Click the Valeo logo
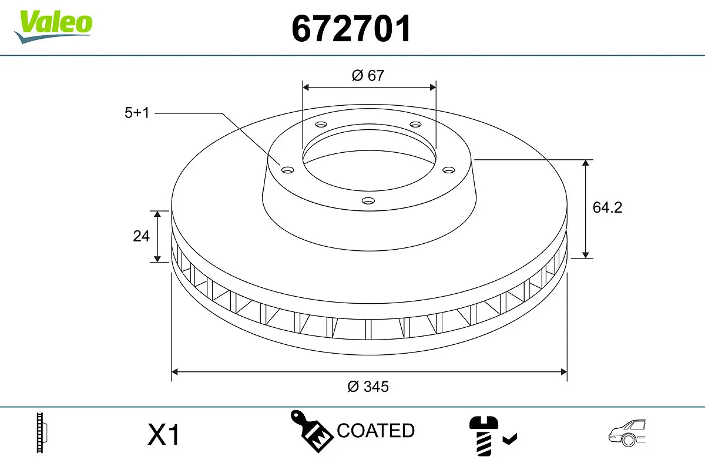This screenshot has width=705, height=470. coord(53,25)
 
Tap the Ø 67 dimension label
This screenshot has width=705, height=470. coord(368,75)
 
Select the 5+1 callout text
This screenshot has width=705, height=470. coord(137,113)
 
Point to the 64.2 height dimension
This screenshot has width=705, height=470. coord(607,207)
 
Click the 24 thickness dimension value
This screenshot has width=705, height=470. coord(141,236)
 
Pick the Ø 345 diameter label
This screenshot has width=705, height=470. coord(368,387)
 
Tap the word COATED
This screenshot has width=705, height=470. coord(376,431)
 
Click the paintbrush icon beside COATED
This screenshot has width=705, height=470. coord(311,430)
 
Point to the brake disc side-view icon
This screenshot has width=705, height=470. coord(41,433)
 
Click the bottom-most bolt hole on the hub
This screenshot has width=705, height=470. coord(368,201)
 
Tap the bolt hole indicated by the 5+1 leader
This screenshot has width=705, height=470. coord(287,170)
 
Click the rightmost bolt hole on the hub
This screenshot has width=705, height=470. coord(449,170)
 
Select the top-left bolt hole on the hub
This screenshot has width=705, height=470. coord(321,125)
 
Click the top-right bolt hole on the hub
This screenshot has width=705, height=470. coord(415,125)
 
